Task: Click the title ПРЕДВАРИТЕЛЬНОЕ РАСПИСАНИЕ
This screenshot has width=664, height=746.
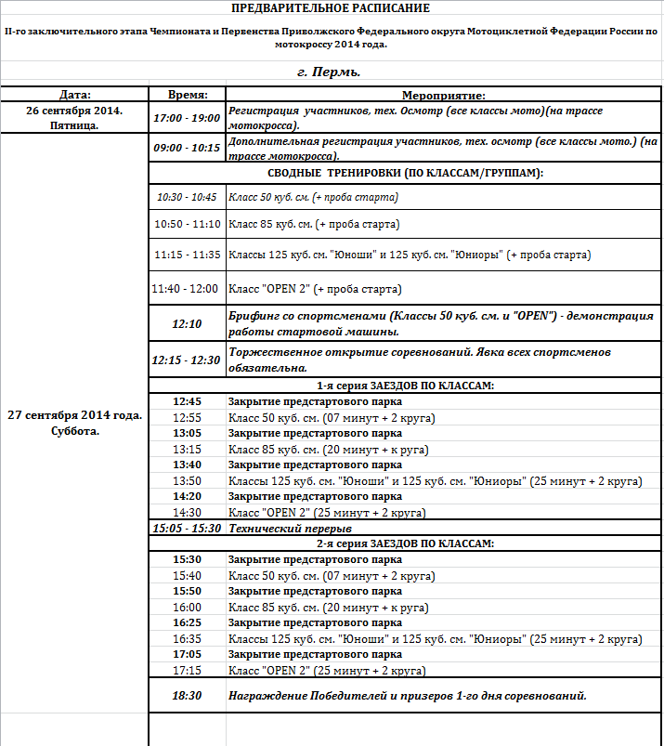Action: [x=331, y=8]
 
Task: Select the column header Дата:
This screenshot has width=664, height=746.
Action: [x=74, y=95]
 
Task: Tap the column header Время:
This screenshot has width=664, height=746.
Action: [x=187, y=95]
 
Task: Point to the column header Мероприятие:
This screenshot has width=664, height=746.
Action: [x=444, y=95]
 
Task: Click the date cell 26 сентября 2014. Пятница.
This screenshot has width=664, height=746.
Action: [x=74, y=117]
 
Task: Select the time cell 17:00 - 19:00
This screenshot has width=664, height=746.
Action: [x=187, y=118]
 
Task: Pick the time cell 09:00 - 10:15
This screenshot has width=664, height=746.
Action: [x=187, y=148]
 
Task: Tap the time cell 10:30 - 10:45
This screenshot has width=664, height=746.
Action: [x=187, y=197]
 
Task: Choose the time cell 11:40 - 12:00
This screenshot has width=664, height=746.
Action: [x=187, y=289]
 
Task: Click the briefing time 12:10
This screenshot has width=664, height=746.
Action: [x=187, y=324]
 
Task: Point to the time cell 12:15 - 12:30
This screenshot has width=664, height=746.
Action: [x=187, y=360]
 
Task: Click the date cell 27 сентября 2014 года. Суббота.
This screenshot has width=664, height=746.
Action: [x=74, y=423]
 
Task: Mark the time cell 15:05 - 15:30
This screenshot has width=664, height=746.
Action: [x=187, y=528]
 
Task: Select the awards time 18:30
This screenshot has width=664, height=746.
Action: [x=187, y=695]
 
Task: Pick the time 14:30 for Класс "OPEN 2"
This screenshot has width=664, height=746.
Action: [x=187, y=512]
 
